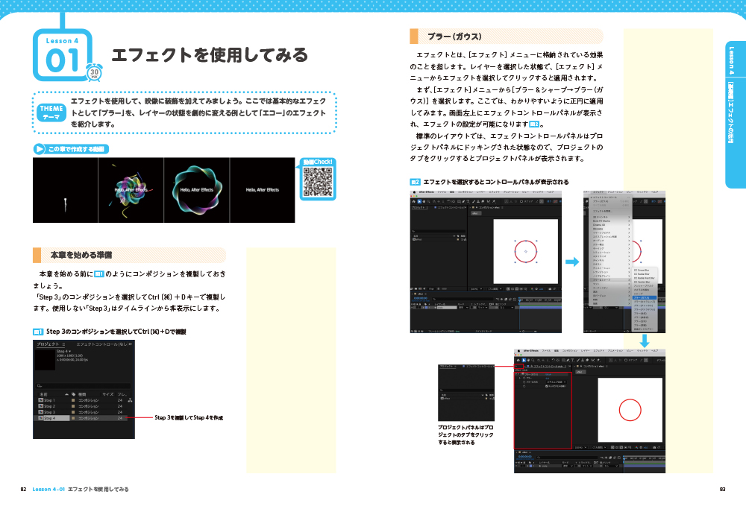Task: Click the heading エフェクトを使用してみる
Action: click(210, 55)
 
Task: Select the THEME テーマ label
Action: click(50, 112)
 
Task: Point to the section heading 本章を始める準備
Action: click(76, 255)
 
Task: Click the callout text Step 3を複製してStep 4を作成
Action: click(189, 418)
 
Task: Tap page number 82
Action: click(24, 489)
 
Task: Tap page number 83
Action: click(722, 489)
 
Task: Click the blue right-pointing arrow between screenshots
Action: click(571, 262)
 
